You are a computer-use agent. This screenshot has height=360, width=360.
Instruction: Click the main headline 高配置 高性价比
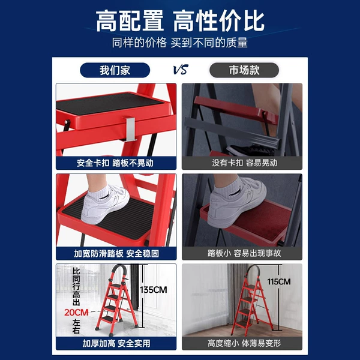(180, 21)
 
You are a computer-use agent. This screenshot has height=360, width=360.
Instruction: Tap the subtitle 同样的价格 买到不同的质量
(180, 43)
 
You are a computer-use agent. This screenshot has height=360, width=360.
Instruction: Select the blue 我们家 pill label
(115, 70)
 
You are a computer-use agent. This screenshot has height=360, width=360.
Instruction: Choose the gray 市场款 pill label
(244, 70)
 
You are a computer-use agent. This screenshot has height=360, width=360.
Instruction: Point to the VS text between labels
(181, 70)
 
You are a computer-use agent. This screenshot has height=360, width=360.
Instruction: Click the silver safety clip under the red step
(130, 129)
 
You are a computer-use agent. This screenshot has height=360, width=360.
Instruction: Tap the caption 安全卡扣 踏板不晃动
(115, 163)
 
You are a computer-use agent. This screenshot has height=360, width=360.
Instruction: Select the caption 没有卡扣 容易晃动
(245, 163)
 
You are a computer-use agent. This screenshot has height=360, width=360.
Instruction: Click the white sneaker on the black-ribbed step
(105, 205)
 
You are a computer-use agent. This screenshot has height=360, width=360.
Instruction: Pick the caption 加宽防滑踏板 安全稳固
(116, 253)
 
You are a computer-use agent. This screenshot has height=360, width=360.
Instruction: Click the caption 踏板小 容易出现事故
(244, 253)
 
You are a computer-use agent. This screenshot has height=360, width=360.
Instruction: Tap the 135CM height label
(154, 290)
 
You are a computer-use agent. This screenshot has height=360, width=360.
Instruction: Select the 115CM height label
(279, 282)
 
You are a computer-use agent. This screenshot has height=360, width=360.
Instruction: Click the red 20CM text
(76, 313)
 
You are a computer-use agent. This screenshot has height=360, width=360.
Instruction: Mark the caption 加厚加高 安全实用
(116, 343)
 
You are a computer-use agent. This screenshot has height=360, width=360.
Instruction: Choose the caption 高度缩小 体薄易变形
(244, 343)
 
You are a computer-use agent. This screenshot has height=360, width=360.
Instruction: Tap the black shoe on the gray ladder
(251, 151)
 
